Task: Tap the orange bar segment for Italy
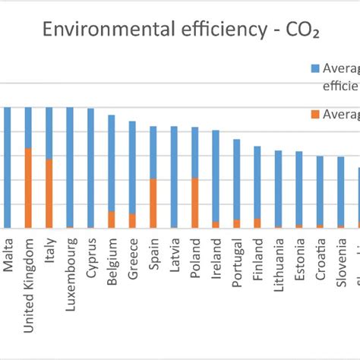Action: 49,193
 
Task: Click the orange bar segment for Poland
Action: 195,202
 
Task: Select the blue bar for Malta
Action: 8,167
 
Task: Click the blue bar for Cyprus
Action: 90,167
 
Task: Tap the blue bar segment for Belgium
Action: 112,163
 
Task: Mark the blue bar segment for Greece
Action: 132,167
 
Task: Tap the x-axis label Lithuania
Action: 279,267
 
